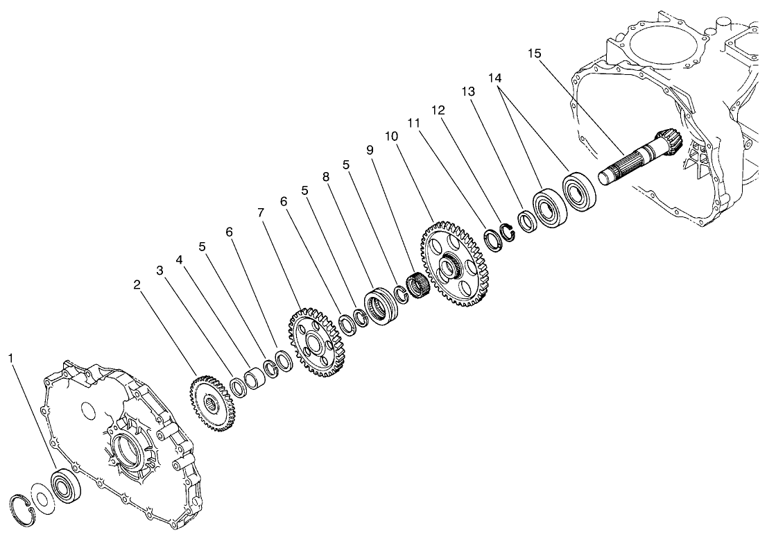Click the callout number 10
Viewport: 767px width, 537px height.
click(392, 136)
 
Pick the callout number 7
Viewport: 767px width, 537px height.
click(261, 212)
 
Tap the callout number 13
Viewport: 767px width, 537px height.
click(468, 92)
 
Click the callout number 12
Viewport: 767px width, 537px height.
click(438, 110)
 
